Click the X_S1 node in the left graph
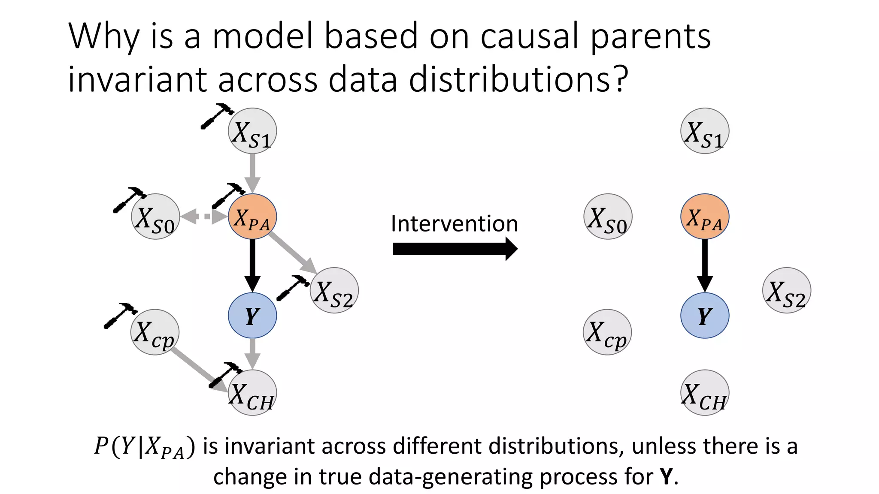pos(252,131)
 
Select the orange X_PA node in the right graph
pos(705,217)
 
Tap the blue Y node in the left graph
pos(252,316)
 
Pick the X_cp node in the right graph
pos(607,332)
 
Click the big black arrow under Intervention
pos(455,249)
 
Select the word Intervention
pos(454,224)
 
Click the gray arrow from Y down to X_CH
pos(252,353)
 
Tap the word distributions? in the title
pos(518,79)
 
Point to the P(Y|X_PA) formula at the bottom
pos(144,447)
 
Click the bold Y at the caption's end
pos(666,476)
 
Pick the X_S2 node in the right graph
pos(786,291)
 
